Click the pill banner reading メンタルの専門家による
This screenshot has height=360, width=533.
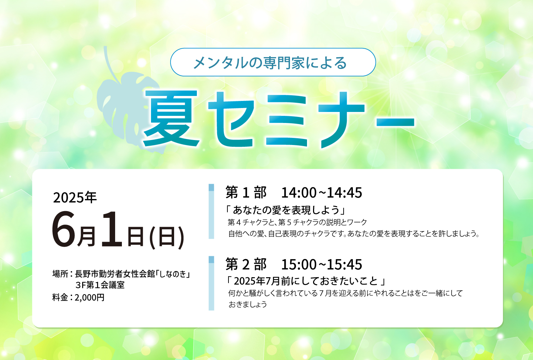tap(273, 62)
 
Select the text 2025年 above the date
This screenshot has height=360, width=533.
tap(75, 197)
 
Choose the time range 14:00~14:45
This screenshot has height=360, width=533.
tap(322, 193)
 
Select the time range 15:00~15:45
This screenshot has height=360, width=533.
tap(322, 264)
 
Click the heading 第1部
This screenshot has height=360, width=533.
tap(246, 192)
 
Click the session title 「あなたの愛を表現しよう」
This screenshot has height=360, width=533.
tap(286, 210)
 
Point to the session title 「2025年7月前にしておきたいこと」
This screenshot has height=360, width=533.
tap(306, 281)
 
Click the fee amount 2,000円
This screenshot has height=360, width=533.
tap(90, 297)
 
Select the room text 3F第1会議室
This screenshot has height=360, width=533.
tap(100, 285)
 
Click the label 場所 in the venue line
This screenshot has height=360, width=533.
tap(60, 274)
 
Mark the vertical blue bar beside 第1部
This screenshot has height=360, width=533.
tap(211, 211)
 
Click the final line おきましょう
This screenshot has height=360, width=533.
tap(247, 305)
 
